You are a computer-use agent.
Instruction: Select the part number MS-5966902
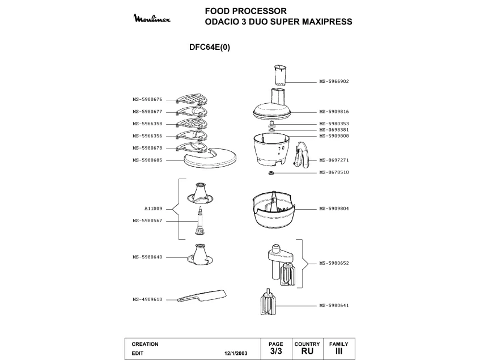pyautogui.click(x=334, y=81)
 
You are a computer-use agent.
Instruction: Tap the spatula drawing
pyautogui.click(x=201, y=296)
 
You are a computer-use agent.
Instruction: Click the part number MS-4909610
pyautogui.click(x=148, y=299)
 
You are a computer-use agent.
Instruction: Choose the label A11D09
pyautogui.click(x=153, y=209)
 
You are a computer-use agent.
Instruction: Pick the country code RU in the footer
pyautogui.click(x=307, y=351)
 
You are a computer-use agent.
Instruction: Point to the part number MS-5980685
pyautogui.click(x=148, y=160)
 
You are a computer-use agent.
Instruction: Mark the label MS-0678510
pyautogui.click(x=334, y=172)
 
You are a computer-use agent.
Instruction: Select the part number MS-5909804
pyautogui.click(x=334, y=209)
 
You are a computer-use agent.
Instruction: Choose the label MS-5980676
pyautogui.click(x=148, y=99)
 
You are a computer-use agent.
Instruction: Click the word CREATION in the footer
pyautogui.click(x=145, y=344)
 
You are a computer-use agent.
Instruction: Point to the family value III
pyautogui.click(x=339, y=351)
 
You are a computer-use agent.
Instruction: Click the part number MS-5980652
pyautogui.click(x=334, y=263)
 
